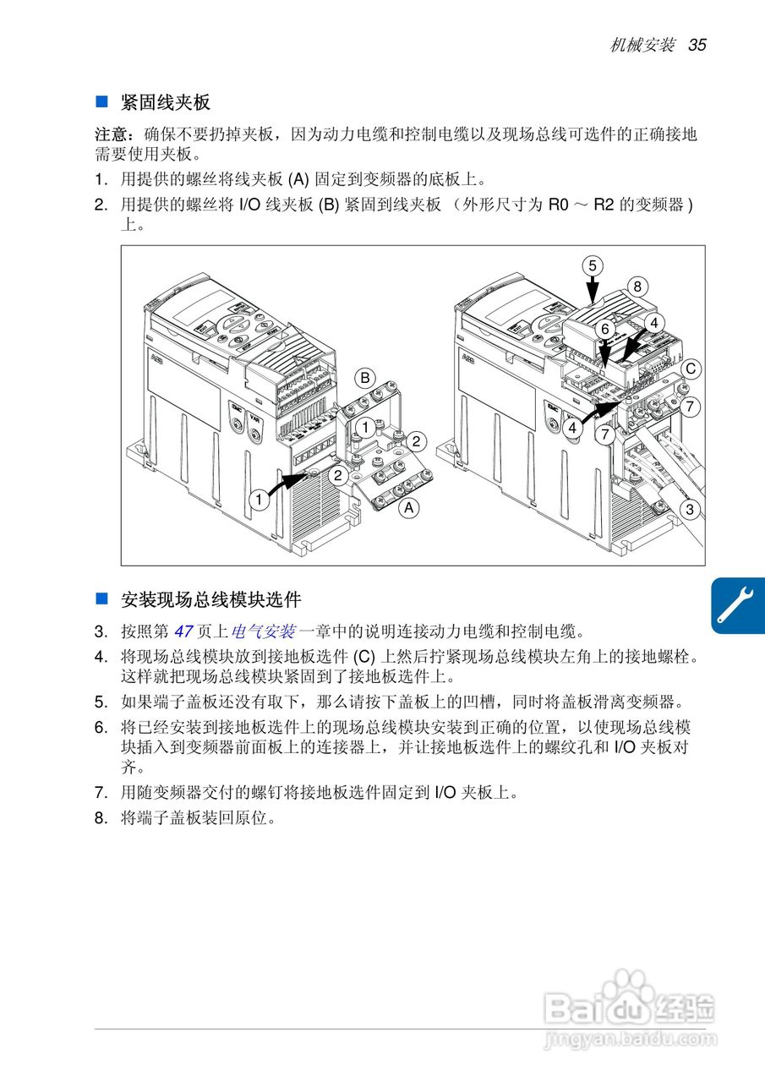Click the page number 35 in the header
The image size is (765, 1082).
(x=697, y=45)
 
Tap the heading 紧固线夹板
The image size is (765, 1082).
(x=165, y=102)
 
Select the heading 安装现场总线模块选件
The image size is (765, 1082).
(x=211, y=599)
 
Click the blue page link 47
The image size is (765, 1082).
(x=183, y=631)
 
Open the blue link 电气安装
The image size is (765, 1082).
(x=263, y=631)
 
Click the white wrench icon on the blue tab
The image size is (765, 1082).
(x=735, y=604)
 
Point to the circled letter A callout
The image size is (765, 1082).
(x=409, y=508)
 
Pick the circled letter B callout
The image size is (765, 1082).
(x=365, y=378)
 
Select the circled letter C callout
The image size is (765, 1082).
(x=690, y=369)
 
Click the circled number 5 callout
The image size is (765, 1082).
(x=593, y=265)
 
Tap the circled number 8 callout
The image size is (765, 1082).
(x=637, y=287)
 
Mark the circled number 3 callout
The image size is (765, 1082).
(x=690, y=509)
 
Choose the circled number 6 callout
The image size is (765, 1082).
(x=605, y=330)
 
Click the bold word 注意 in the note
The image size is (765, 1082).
(x=111, y=134)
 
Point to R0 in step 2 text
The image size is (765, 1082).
(x=559, y=205)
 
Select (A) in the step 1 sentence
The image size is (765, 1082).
(x=298, y=180)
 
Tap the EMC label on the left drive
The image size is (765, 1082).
(x=236, y=408)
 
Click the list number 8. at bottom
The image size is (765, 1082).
(x=101, y=818)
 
